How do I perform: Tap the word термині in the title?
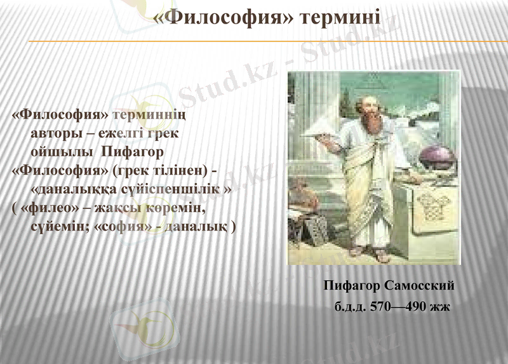(340, 17)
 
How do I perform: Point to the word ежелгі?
(117, 134)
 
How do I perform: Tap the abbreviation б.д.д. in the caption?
(350, 307)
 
